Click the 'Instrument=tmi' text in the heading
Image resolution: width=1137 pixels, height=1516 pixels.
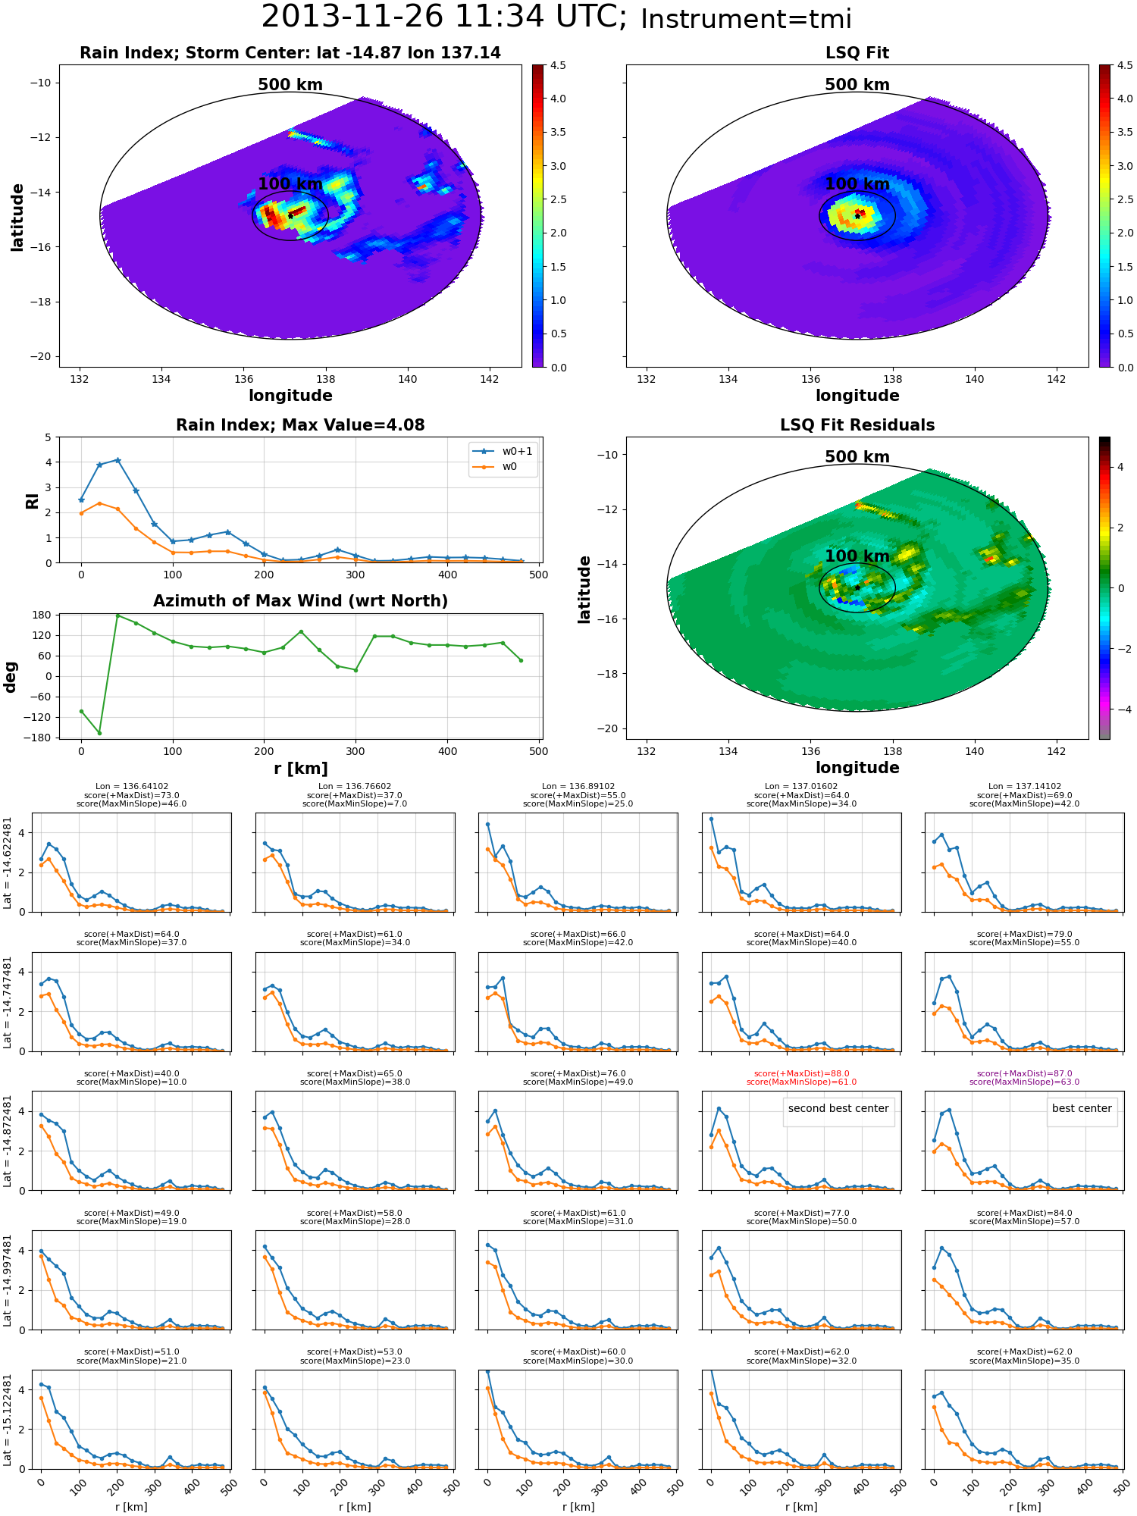(x=746, y=19)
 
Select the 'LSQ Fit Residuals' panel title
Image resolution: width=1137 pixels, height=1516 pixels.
(x=857, y=425)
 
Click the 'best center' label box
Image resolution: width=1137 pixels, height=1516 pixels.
(x=1082, y=1108)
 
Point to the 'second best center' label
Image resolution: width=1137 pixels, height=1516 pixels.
(x=838, y=1108)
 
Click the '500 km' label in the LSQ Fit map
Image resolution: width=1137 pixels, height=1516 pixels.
(x=857, y=85)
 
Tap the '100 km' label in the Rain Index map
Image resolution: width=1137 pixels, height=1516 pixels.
(x=290, y=184)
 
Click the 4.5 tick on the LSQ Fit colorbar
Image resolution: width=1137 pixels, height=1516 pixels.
(x=1126, y=65)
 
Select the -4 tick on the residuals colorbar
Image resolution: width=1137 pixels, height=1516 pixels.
(x=1120, y=709)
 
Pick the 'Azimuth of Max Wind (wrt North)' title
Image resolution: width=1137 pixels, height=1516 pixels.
(x=300, y=601)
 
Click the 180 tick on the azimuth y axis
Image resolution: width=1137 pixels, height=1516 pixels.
(x=42, y=615)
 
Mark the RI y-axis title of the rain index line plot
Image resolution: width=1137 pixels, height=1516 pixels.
(x=32, y=500)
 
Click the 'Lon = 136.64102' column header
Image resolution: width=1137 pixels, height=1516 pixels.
(x=132, y=787)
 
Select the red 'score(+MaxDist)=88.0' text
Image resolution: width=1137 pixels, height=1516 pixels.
(x=801, y=1073)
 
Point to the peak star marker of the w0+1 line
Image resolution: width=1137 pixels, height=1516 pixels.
(x=117, y=460)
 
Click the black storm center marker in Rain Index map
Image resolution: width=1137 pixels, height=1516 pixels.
(x=290, y=216)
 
